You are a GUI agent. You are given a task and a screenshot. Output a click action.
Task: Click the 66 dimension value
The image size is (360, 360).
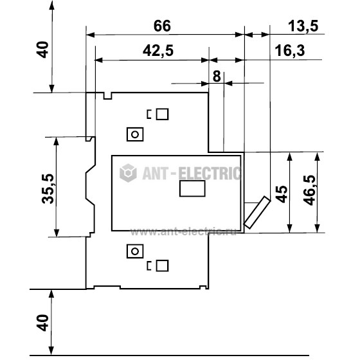[162, 26]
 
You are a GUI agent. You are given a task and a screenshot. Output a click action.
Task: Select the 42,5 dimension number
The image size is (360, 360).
[158, 51]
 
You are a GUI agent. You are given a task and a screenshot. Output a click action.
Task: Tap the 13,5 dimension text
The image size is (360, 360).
[303, 26]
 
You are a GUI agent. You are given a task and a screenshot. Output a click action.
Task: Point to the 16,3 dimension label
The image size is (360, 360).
[290, 51]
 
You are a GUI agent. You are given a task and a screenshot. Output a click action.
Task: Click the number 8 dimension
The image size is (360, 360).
[217, 76]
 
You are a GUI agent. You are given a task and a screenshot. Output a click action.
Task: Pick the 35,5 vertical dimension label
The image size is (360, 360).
[48, 189]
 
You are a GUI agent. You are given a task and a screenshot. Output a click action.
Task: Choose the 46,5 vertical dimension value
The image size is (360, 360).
[309, 190]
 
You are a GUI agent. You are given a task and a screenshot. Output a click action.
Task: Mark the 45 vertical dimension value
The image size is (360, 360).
[281, 194]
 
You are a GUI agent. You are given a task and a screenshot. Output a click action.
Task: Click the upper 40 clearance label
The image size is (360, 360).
[42, 50]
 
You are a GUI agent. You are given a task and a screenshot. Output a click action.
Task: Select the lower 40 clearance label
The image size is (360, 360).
[42, 323]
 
